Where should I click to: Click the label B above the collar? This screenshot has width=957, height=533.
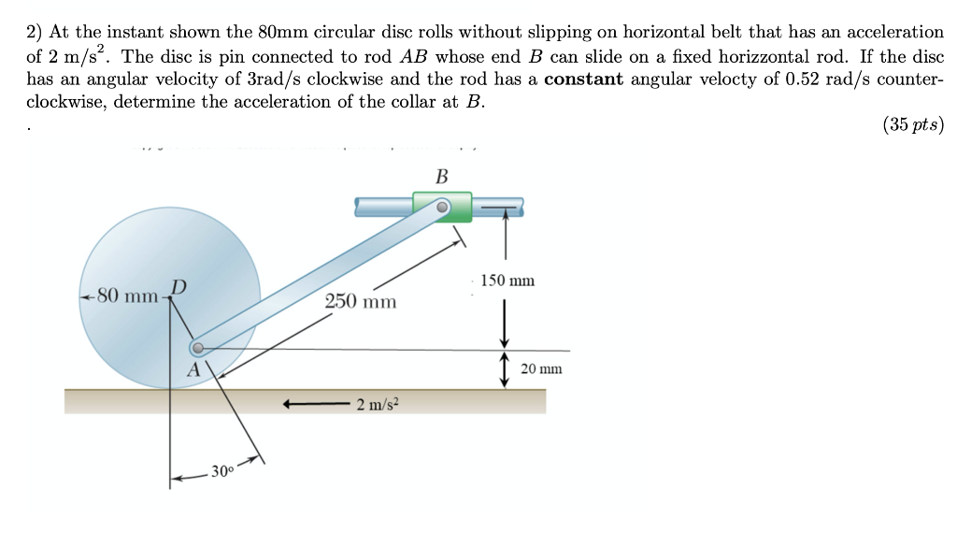coord(442,176)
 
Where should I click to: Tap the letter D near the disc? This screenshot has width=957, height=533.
coord(179,285)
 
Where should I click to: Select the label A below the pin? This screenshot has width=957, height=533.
coord(193,369)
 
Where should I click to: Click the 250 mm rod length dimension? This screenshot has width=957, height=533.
coord(361,302)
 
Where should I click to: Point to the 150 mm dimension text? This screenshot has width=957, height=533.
coord(508,281)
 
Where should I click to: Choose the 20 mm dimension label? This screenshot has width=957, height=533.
coord(542,368)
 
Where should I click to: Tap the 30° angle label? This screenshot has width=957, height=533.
coord(222,470)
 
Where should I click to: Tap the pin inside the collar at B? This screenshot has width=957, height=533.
coord(444,206)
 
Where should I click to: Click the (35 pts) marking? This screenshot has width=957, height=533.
coord(912,125)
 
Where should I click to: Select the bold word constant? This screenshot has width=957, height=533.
coord(583,79)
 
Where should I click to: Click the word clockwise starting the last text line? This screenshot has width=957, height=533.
coord(64,102)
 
